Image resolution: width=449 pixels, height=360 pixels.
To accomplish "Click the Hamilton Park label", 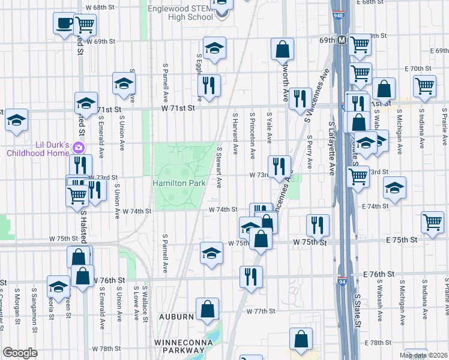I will pos(179,182).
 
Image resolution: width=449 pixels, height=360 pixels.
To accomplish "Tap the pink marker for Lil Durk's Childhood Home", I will pos(78,148).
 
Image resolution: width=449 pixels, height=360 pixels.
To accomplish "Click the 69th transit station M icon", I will pos(341,40).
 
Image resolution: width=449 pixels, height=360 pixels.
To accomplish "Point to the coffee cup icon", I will pos(64,24).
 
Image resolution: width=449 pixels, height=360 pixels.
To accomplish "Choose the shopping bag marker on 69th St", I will pos(282,49).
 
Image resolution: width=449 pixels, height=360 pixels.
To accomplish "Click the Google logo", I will pos(20,353).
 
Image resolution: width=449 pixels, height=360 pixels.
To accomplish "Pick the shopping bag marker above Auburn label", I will pos(207,309).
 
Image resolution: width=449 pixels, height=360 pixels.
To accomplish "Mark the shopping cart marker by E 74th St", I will pos(432,221).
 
